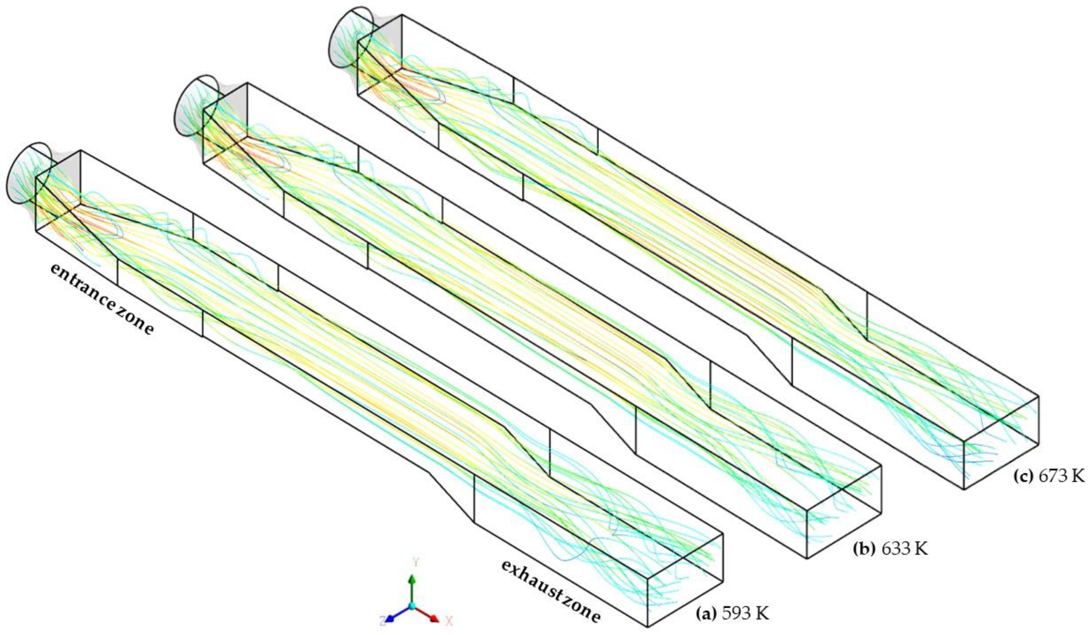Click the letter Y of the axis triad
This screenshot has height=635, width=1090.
pyautogui.click(x=416, y=562)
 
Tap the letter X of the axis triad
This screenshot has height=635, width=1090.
pyautogui.click(x=449, y=621)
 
